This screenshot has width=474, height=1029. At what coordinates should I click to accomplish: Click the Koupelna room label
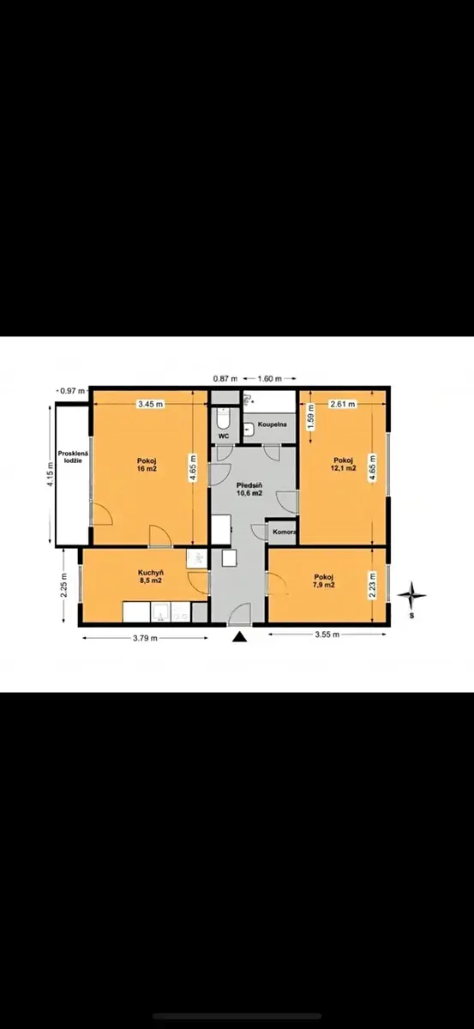click(272, 424)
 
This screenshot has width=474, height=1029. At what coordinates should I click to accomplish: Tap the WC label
click(224, 436)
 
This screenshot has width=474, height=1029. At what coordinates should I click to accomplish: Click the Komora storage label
click(285, 532)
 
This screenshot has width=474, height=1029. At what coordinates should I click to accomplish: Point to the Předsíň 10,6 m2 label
click(249, 490)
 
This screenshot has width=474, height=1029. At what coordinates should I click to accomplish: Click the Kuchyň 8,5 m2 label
click(151, 576)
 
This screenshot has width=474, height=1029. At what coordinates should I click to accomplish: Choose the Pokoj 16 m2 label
click(147, 465)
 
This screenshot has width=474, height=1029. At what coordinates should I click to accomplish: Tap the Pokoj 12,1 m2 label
click(344, 465)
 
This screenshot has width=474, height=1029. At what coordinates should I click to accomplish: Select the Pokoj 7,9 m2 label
click(324, 581)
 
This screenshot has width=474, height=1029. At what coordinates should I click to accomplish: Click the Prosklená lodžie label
click(73, 456)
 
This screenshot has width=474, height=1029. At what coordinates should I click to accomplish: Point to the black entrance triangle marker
click(239, 636)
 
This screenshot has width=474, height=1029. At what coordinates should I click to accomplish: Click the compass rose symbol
click(411, 595)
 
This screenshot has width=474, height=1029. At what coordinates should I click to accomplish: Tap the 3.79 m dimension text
click(145, 638)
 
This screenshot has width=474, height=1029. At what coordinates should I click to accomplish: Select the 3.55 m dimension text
click(327, 635)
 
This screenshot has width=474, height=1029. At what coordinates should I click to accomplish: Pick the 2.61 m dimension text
click(343, 404)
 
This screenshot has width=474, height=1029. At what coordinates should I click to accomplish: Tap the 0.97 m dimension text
click(73, 391)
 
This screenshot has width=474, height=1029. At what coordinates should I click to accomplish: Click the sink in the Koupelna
click(249, 429)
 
